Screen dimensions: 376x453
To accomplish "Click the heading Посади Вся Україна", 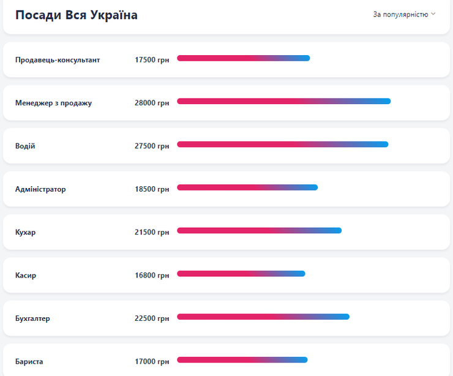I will (77, 15).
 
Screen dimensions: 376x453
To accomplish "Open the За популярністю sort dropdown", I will (404, 14).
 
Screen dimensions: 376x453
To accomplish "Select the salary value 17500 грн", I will (152, 60).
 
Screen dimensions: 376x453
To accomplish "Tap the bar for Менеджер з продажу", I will (283, 101).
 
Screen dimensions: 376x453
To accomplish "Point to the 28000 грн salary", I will (152, 103).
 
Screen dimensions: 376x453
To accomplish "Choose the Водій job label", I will (25, 146).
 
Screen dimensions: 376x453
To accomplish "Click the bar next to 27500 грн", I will (282, 145).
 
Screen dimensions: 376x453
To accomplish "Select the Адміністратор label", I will (40, 189).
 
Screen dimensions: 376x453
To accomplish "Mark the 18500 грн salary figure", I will (152, 189).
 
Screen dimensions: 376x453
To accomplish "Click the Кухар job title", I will (25, 232).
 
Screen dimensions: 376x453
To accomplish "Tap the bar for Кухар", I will (259, 230).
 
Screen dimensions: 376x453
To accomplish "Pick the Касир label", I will (26, 276).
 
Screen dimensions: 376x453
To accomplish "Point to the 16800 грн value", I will (152, 276).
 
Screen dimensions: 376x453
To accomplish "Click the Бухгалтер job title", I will (32, 318).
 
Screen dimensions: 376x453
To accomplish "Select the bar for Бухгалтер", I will (263, 317).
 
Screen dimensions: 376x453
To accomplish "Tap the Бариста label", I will (29, 361).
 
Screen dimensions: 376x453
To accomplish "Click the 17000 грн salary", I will (152, 361).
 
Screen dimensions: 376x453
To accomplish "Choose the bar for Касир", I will (241, 274).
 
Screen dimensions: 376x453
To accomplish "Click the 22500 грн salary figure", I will (152, 318).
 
